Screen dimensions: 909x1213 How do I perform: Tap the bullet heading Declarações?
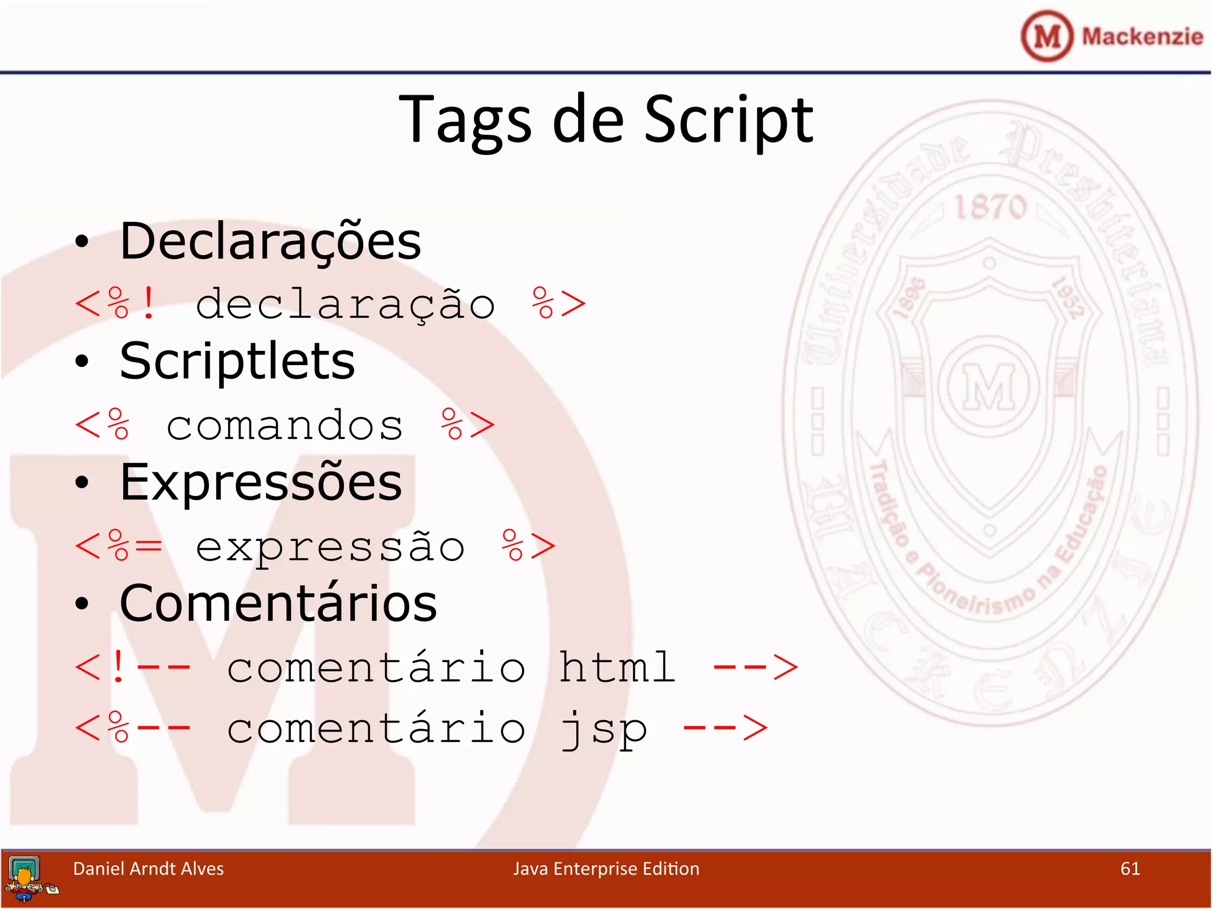[270, 241]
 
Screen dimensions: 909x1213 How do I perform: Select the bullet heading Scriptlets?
[237, 361]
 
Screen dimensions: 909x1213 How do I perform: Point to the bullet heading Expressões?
[261, 482]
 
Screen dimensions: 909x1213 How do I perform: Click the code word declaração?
[345, 305]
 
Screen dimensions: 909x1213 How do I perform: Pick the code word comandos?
[285, 426]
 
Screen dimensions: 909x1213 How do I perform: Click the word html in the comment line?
[617, 668]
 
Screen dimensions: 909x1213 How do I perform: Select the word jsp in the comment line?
[604, 729]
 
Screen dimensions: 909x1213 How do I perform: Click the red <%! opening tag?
[116, 304]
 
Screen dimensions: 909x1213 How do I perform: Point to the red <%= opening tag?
[118, 546]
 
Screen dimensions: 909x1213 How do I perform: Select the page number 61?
[1130, 869]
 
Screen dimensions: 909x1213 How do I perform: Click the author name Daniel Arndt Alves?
[148, 869]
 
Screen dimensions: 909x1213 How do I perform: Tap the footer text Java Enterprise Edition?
[606, 869]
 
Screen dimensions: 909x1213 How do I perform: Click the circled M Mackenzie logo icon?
[1047, 36]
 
